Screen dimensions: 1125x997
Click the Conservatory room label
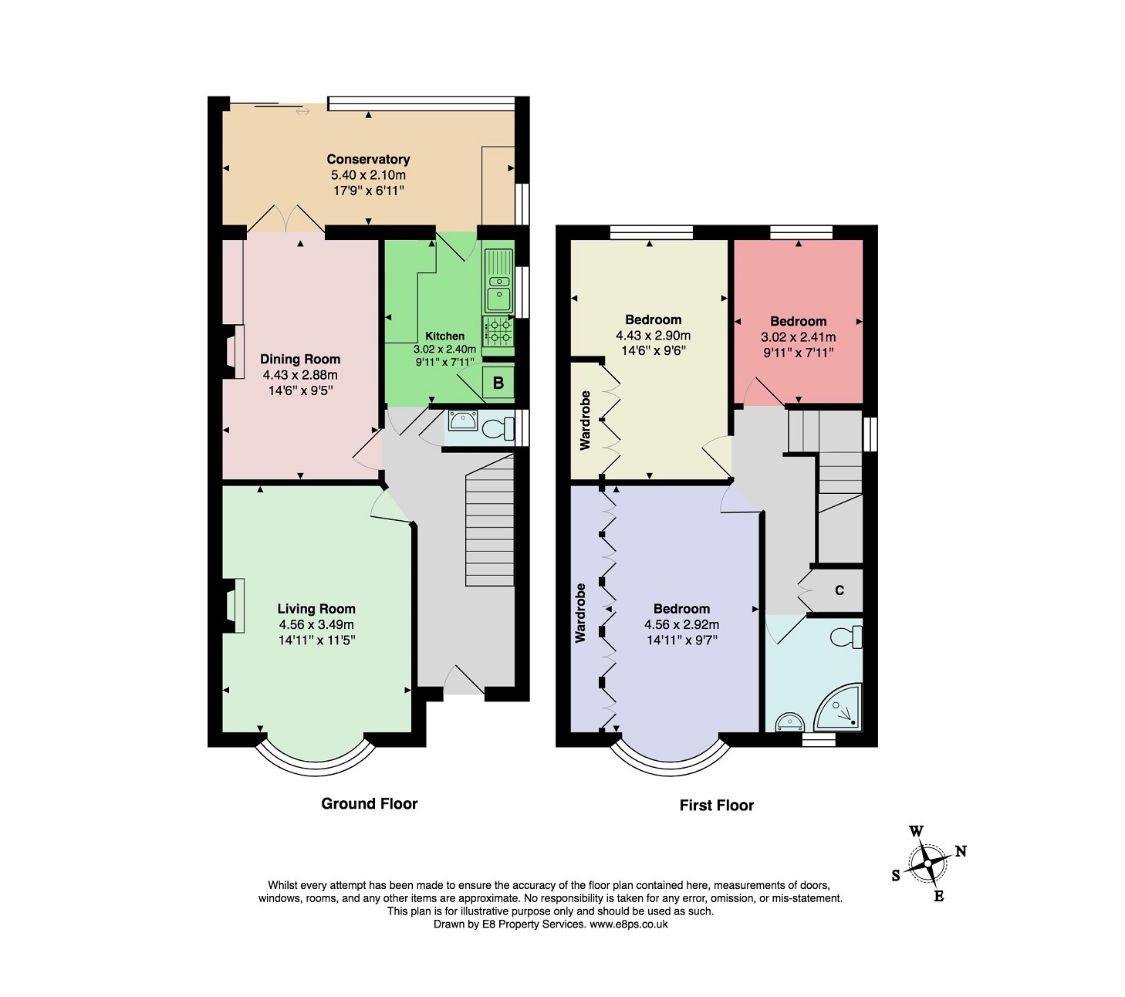[367, 160]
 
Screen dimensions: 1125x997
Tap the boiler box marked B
[498, 382]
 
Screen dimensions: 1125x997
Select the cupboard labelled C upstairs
[839, 590]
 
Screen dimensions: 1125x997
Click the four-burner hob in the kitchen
[498, 330]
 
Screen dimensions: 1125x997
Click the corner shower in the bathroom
[839, 708]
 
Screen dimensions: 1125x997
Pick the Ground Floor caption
[370, 804]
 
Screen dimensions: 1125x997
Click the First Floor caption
[716, 806]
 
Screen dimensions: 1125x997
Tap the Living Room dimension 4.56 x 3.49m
[316, 624]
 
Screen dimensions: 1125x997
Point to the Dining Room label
[300, 360]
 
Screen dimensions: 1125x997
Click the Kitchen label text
[444, 336]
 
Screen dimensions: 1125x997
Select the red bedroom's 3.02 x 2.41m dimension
[798, 337]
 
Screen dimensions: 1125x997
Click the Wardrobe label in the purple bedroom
[580, 613]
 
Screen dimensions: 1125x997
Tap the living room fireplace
[234, 606]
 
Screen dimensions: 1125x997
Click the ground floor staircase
[489, 520]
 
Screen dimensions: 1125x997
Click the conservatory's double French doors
[286, 218]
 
